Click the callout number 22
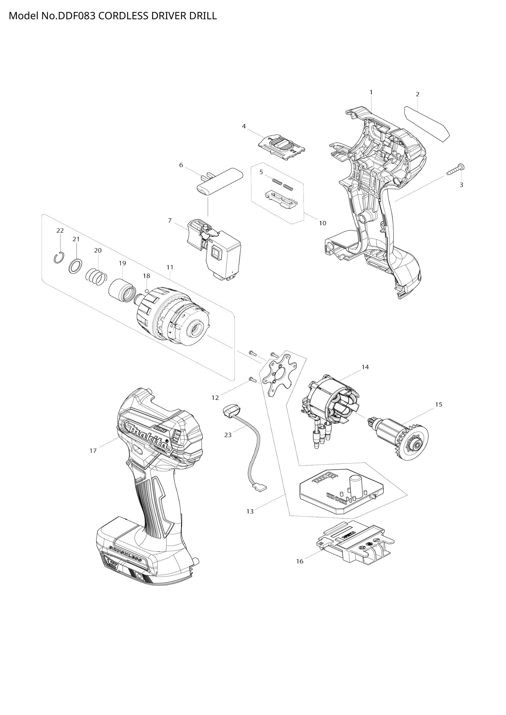coord(60,230)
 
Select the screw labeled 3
coord(456,170)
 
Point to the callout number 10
coord(322,223)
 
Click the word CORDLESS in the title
coord(124,16)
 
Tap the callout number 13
coord(250,511)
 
